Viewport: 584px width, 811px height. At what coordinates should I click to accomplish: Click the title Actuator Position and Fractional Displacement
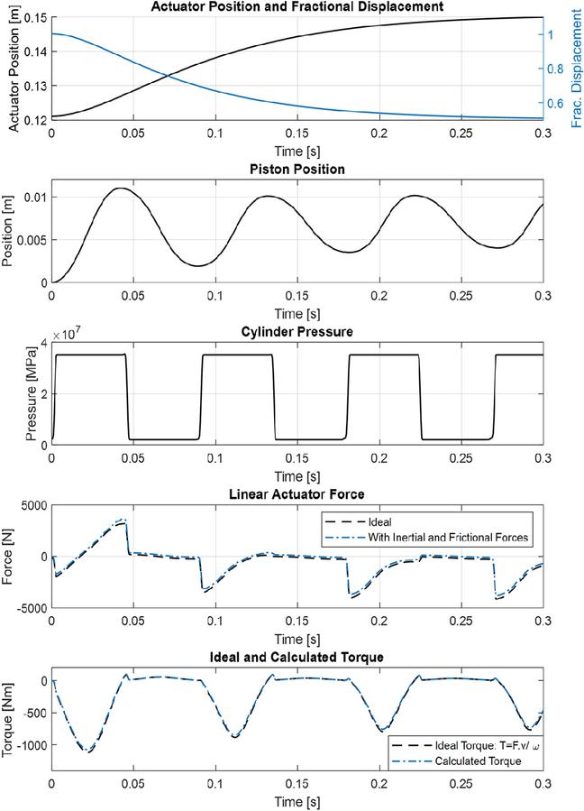point(297,7)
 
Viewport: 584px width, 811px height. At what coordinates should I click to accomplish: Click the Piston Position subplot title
point(297,169)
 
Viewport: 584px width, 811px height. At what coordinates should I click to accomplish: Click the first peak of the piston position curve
point(118,189)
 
